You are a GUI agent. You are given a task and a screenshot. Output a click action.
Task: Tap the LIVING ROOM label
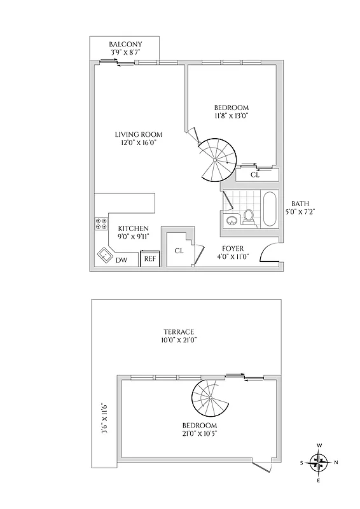[x=139, y=135]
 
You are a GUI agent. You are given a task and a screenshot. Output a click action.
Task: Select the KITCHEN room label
[x=134, y=228]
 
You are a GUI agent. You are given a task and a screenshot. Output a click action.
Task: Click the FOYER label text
[x=233, y=248]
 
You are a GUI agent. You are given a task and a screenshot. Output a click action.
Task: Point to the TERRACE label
[x=178, y=331]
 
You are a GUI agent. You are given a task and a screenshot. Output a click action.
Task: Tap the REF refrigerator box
[x=149, y=258]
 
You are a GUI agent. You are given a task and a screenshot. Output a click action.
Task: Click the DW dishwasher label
[x=121, y=260]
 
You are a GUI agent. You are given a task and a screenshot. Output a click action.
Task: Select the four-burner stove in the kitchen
[x=101, y=223]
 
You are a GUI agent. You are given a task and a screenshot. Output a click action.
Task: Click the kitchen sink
[x=104, y=256]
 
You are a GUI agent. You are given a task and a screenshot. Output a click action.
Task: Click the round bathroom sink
[x=232, y=220]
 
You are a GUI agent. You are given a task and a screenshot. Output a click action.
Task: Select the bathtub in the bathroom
[x=269, y=209]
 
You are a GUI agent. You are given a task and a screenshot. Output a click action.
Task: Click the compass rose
[x=319, y=463]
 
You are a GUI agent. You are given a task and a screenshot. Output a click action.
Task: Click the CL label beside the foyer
[x=179, y=251]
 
